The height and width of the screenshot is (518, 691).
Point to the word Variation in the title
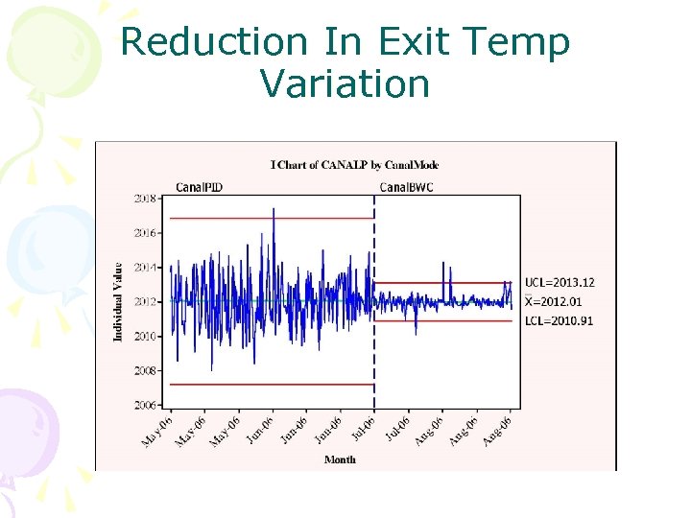[x=345, y=84]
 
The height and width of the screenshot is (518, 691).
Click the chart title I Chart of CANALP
[x=354, y=165]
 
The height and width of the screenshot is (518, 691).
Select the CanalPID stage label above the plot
[x=199, y=187]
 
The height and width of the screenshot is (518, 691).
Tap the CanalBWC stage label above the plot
[x=406, y=187]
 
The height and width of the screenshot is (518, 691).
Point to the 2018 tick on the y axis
[x=146, y=199]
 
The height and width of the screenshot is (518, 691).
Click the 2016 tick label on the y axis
[x=146, y=233]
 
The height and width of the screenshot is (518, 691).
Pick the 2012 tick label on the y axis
[x=146, y=301]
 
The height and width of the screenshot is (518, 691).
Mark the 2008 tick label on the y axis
[x=146, y=370]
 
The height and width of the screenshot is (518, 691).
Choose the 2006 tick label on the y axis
[x=146, y=405]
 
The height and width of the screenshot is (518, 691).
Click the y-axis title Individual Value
[x=118, y=301]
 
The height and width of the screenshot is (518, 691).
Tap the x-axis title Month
[x=340, y=459]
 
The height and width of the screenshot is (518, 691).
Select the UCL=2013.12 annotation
[x=560, y=282]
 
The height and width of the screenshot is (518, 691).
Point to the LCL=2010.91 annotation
[x=559, y=320]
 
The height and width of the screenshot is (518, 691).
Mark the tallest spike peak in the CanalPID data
[x=274, y=209]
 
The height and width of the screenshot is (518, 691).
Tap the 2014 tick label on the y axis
[x=146, y=268]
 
